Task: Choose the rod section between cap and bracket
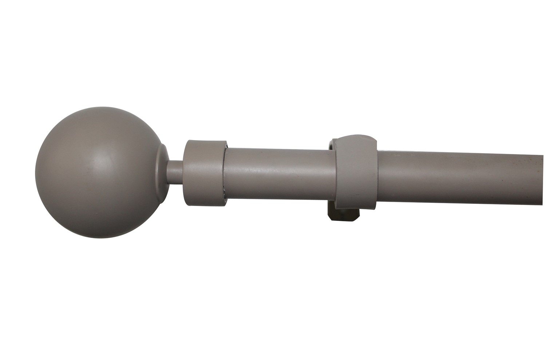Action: point(278,173)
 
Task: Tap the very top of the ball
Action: point(100,107)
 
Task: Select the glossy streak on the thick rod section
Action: point(278,167)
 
